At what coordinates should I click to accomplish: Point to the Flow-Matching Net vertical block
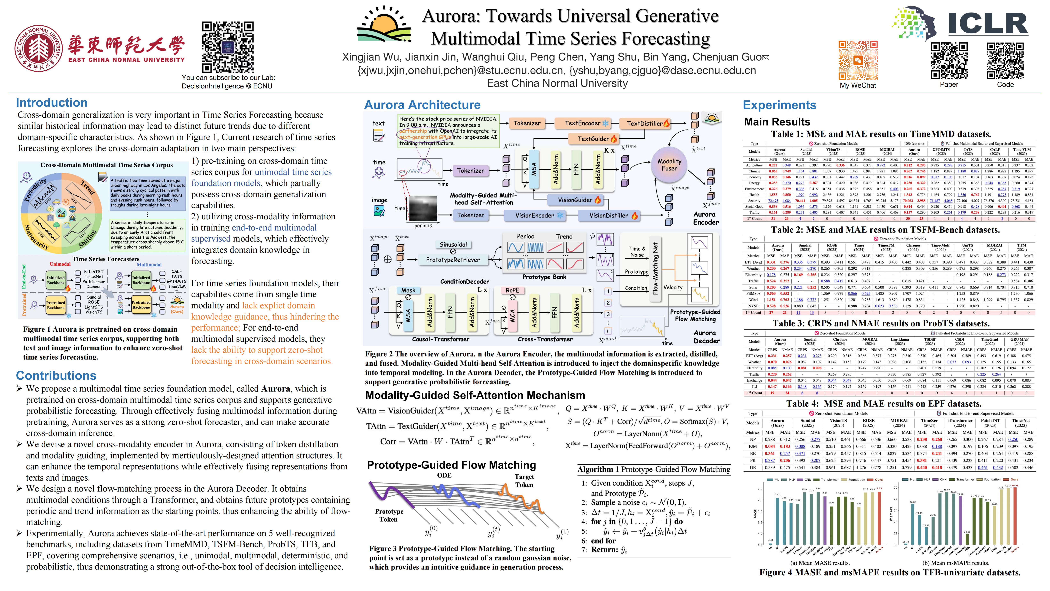pos(655,268)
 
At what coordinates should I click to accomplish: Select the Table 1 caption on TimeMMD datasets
pos(881,134)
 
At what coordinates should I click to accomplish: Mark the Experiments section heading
pos(779,105)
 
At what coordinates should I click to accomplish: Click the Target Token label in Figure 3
pos(524,480)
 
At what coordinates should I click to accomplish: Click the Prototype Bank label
pos(544,277)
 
